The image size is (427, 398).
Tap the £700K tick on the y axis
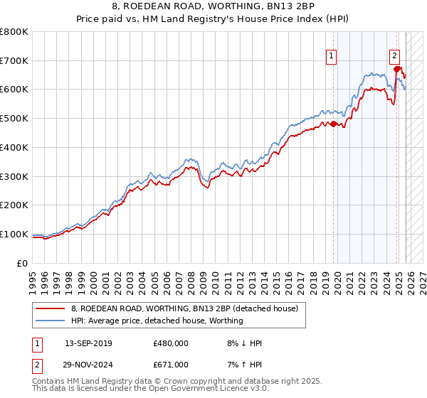point(14,60)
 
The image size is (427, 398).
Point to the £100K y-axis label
point(14,234)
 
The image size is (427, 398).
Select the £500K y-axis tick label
point(14,119)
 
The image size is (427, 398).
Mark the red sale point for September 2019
point(333,124)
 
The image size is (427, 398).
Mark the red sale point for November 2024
point(397,69)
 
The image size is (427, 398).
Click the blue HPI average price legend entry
point(157,321)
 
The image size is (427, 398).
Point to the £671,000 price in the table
point(171,365)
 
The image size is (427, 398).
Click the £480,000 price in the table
point(171,343)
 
